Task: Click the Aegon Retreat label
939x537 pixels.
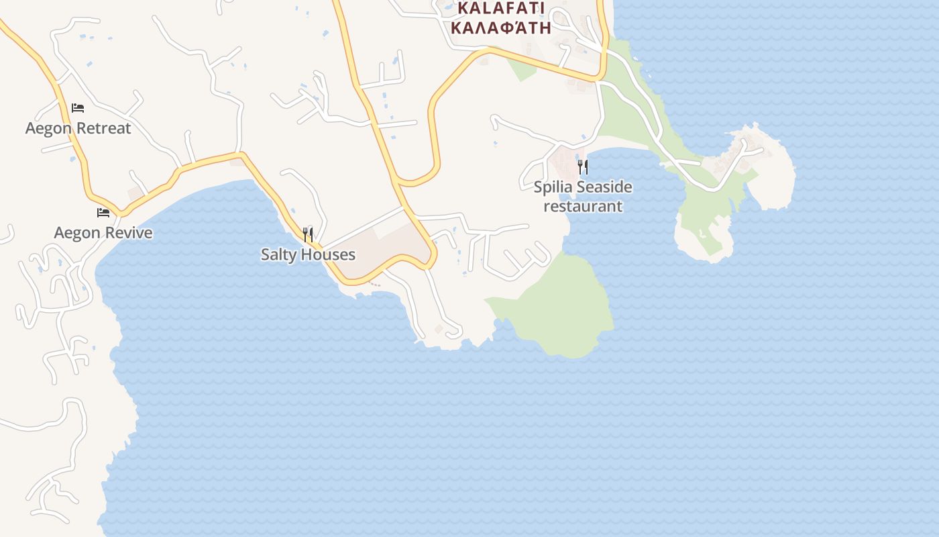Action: point(78,128)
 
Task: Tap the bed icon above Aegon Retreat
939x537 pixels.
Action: point(78,107)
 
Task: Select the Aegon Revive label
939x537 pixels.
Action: point(103,233)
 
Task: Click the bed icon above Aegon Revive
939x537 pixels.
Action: point(103,213)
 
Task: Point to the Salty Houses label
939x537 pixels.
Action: point(308,254)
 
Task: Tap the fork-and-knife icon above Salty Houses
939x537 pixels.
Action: point(308,234)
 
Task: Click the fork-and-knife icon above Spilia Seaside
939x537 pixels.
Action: point(583,166)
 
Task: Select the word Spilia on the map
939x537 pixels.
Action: point(551,187)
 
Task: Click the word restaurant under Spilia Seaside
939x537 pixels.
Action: point(583,206)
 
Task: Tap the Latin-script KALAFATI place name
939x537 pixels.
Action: point(501,9)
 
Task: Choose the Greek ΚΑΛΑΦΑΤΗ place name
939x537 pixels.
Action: point(501,28)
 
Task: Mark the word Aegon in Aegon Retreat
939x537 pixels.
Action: point(48,128)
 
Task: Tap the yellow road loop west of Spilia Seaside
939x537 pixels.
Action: point(433,134)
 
